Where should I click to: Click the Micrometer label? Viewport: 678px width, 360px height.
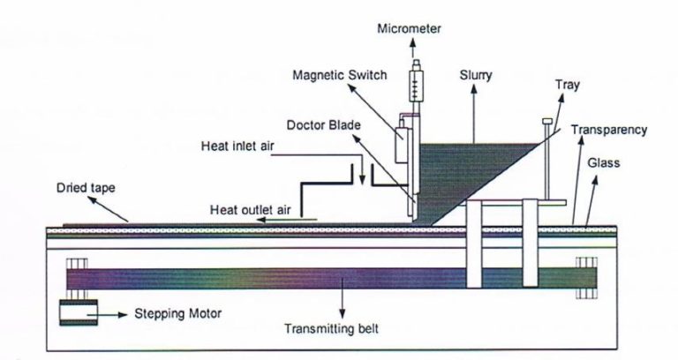(409, 29)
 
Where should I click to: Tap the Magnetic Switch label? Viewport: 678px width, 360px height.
(339, 75)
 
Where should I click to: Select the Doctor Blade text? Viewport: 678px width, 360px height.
(323, 125)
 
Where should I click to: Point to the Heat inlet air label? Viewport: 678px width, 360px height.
(237, 146)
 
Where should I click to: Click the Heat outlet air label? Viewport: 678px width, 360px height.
(251, 210)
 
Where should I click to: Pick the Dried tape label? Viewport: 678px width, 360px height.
(86, 189)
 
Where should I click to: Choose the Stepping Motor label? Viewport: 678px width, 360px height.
(177, 313)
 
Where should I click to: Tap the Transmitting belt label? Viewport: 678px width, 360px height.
(331, 329)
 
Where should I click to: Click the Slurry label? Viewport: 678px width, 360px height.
(476, 76)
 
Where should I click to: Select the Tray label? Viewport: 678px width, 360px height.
(568, 85)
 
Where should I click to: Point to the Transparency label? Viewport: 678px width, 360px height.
(609, 130)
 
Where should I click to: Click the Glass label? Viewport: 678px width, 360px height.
(603, 163)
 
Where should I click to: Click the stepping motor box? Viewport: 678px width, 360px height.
(79, 312)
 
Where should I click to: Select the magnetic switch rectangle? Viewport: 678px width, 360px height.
(403, 144)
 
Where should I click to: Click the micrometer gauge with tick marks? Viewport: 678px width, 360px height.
(416, 86)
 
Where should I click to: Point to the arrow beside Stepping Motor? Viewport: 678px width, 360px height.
(107, 315)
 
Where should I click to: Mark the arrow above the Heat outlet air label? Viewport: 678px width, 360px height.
(287, 220)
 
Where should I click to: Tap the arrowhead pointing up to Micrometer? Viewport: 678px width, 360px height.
(413, 42)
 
